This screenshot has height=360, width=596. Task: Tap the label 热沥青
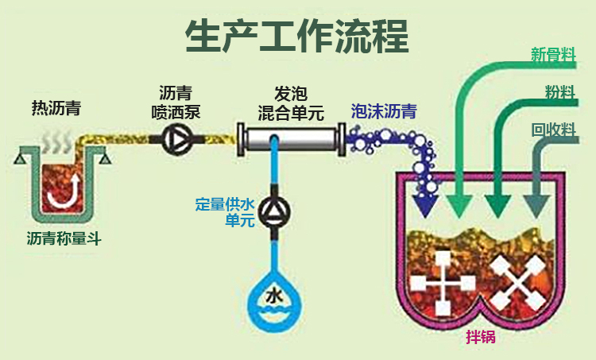(56, 106)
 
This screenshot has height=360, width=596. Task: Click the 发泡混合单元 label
(291, 102)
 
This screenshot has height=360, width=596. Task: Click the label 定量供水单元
(226, 211)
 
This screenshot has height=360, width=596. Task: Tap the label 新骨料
(553, 54)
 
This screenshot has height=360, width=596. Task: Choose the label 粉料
(559, 91)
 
